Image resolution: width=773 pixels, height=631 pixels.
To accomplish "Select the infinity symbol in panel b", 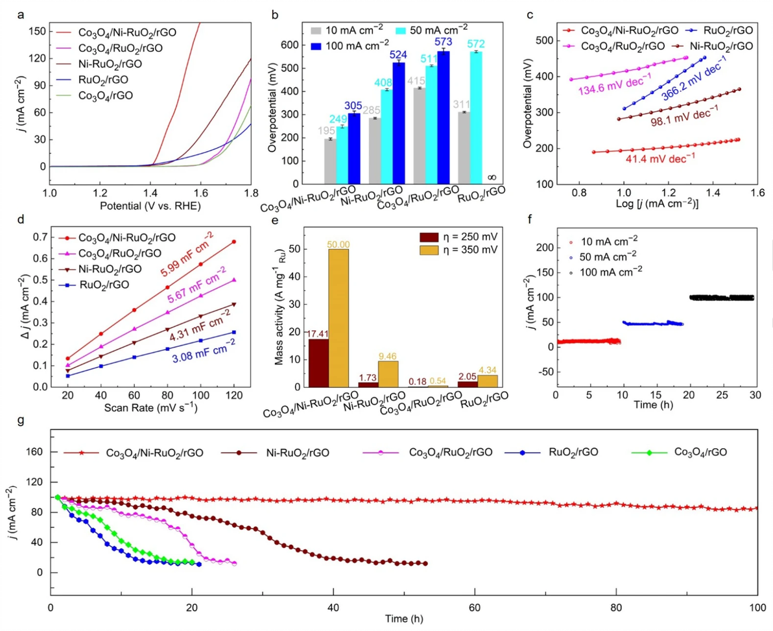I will tap(491, 176).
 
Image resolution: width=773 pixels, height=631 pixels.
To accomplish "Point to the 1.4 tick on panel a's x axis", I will tap(150, 193).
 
